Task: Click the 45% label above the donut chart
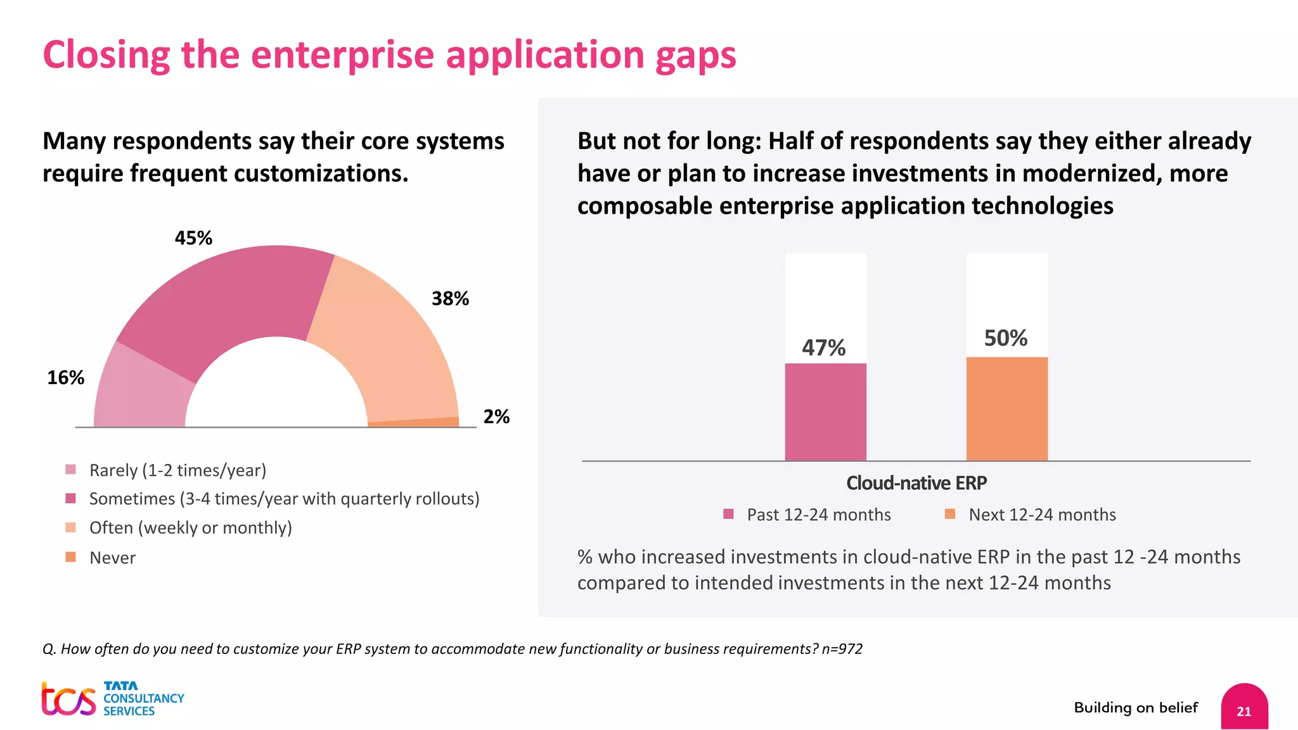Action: [x=193, y=238]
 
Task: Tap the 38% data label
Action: [x=450, y=298]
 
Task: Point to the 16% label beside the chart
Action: [x=65, y=378]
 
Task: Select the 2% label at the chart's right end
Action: [x=496, y=416]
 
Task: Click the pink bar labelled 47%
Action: [x=825, y=412]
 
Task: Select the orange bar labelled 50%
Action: [x=1006, y=409]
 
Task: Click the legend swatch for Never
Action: [x=70, y=557]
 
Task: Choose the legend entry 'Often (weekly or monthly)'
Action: [x=190, y=528]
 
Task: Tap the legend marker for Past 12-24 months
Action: [x=728, y=514]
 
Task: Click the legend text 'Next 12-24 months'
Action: [x=1042, y=515]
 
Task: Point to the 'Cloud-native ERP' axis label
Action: [x=916, y=483]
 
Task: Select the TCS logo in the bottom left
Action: [x=68, y=700]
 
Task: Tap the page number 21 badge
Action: [x=1243, y=710]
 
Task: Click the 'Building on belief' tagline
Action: [x=1136, y=708]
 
